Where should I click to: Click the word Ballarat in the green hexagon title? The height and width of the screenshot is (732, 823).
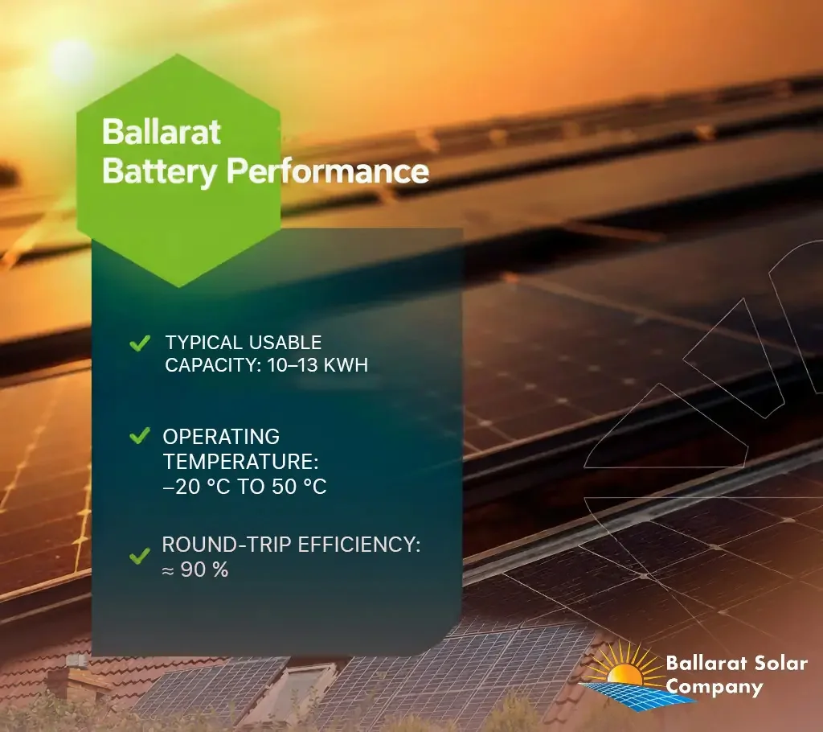pyautogui.click(x=161, y=131)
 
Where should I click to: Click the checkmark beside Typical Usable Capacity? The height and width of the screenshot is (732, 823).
pyautogui.click(x=140, y=343)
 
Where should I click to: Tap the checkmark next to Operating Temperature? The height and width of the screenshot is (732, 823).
pyautogui.click(x=140, y=436)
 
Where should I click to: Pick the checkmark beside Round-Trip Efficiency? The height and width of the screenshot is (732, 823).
pyautogui.click(x=140, y=556)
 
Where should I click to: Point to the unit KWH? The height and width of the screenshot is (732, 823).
pyautogui.click(x=346, y=364)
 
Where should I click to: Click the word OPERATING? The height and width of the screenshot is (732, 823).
pyautogui.click(x=221, y=437)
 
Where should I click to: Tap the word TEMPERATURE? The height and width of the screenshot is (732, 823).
pyautogui.click(x=241, y=462)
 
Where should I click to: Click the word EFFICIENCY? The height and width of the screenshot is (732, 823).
pyautogui.click(x=359, y=545)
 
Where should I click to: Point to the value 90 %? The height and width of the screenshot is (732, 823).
pyautogui.click(x=204, y=570)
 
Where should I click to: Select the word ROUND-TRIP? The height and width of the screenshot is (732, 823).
pyautogui.click(x=226, y=545)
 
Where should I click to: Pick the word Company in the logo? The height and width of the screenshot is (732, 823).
pyautogui.click(x=714, y=687)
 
